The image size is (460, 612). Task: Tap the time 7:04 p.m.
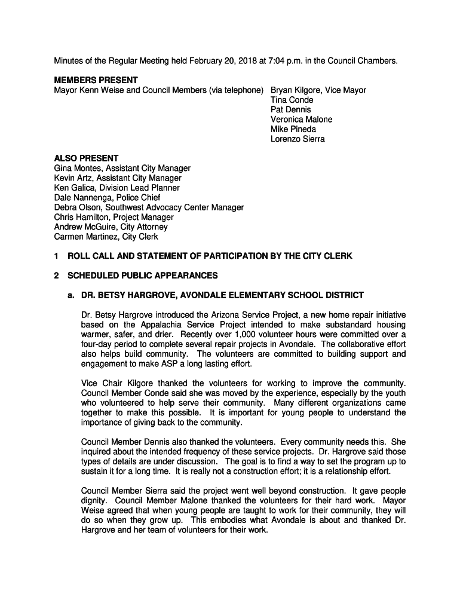283,61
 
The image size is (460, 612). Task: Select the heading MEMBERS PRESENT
96,80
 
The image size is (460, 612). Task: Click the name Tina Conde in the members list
292,100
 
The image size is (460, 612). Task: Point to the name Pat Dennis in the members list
290,109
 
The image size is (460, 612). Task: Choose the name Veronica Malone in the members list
301,120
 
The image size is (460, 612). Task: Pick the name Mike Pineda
293,129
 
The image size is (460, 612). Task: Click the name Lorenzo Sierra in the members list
298,139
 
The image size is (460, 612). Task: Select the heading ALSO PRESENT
86,158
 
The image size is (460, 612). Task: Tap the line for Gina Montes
122,169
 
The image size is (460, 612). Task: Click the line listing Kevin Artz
118,178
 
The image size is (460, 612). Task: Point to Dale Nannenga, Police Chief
108,198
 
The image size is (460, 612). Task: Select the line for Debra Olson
149,207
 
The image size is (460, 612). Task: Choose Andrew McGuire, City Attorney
111,227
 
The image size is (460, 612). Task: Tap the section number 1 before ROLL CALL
56,256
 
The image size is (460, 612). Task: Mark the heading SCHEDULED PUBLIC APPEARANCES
143,276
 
